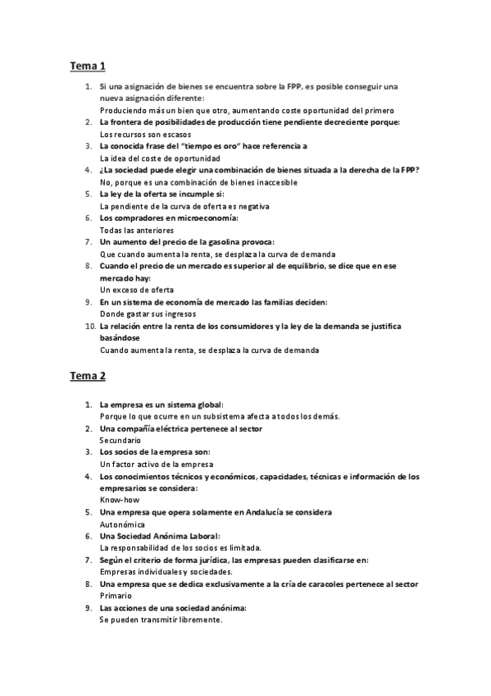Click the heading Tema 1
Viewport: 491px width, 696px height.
coord(88,66)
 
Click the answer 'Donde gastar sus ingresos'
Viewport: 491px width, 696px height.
coord(148,314)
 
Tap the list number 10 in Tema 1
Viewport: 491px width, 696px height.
coord(89,326)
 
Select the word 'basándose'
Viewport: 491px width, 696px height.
coord(120,337)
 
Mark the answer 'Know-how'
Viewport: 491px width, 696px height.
coord(120,499)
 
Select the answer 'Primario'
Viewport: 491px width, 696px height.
coord(116,596)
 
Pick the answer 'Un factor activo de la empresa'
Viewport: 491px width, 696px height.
coord(156,464)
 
